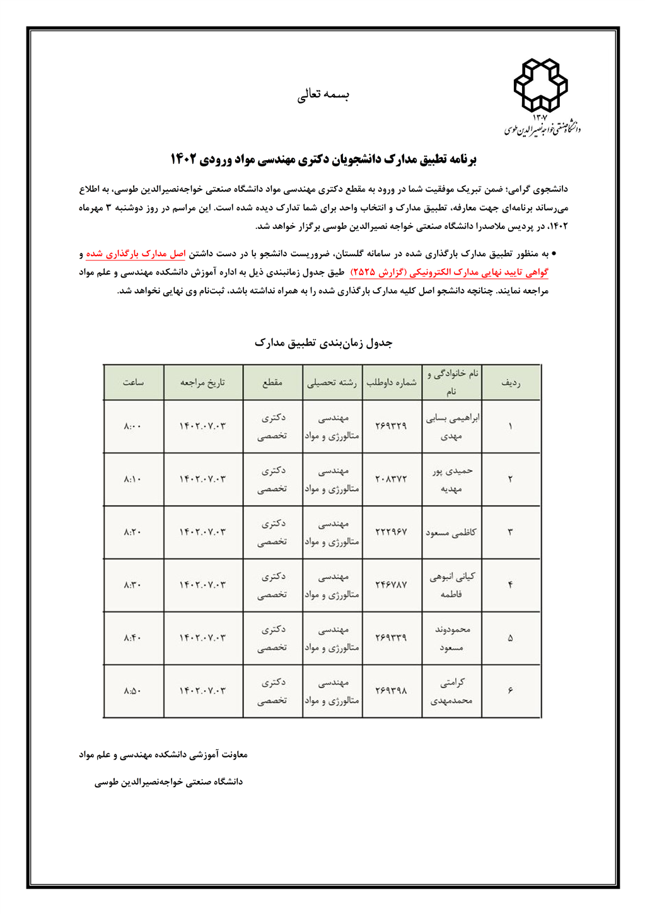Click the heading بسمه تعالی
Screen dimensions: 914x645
pos(323,95)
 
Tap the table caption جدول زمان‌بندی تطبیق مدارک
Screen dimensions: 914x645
pos(323,343)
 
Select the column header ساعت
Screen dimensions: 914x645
pos(133,382)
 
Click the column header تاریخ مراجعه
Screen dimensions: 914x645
pos(202,382)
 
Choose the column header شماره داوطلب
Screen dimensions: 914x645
pos(392,382)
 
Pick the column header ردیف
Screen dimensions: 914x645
pos(510,382)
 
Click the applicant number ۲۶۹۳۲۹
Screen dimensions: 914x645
pos(391,426)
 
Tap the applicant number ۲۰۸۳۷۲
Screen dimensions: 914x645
pos(391,479)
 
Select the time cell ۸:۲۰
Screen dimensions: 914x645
pos(133,532)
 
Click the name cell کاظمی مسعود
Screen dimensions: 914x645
pos(451,532)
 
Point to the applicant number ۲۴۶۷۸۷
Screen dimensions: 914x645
pos(391,585)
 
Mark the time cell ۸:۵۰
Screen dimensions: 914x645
pos(133,691)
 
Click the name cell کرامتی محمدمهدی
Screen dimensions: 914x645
pos(451,691)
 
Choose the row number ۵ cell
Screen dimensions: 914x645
pos(510,638)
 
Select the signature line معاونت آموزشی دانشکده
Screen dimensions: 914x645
pos(163,754)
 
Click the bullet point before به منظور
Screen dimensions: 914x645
pos(554,254)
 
